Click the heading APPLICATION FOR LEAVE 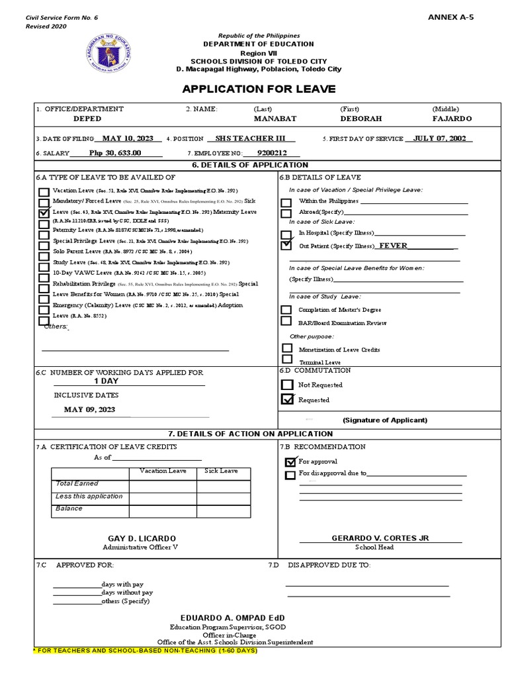[x=259, y=89]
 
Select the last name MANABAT [x=275, y=119]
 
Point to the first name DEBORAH [x=361, y=119]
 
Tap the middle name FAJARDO [x=452, y=119]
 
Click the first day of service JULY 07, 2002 [x=443, y=138]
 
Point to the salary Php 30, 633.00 [x=115, y=152]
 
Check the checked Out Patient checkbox [x=286, y=245]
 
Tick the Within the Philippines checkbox [x=286, y=201]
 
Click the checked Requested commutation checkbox [x=287, y=399]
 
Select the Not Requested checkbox [x=287, y=385]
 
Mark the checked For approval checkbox [x=290, y=461]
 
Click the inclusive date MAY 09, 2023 [x=89, y=409]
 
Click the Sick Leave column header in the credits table [x=221, y=471]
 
